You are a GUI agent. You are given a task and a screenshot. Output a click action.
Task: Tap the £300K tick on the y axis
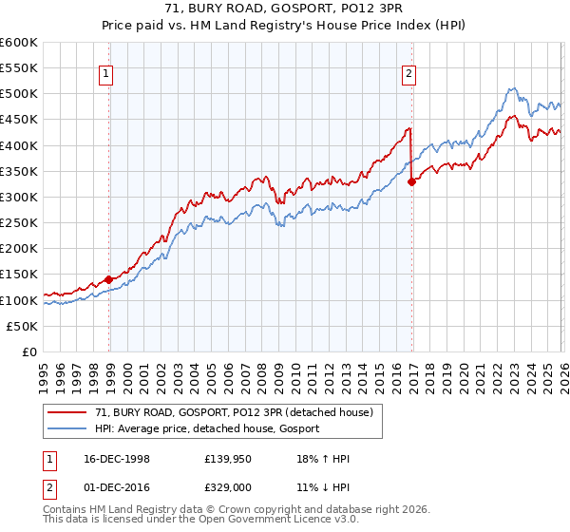pos(19,197)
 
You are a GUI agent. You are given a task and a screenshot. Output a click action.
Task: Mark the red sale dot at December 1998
pos(109,279)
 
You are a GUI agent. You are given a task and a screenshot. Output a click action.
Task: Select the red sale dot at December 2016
pos(411,181)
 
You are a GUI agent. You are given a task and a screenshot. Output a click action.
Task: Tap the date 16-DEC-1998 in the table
pos(111,460)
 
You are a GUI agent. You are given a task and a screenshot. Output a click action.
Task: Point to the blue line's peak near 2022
pos(510,88)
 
